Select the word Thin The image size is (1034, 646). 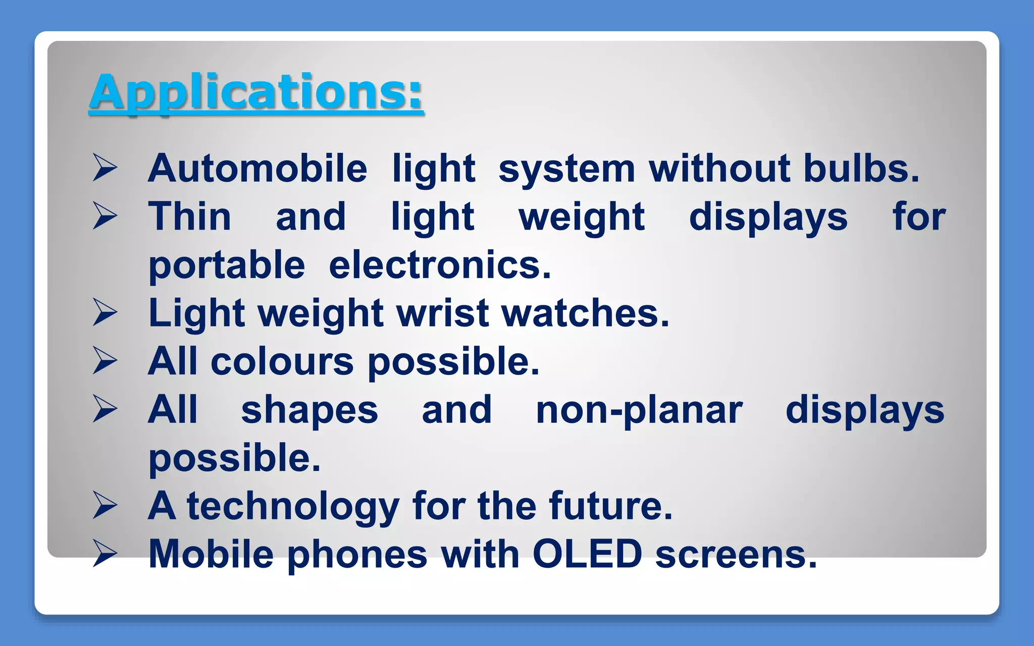click(x=190, y=217)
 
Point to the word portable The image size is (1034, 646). click(x=227, y=265)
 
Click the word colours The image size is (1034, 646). click(x=282, y=361)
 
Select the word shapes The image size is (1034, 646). click(x=309, y=410)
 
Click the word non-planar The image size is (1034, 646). click(x=639, y=410)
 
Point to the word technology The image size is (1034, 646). click(x=293, y=506)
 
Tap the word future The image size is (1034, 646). click(x=611, y=506)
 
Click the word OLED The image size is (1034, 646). click(x=587, y=554)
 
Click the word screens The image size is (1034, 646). click(x=736, y=554)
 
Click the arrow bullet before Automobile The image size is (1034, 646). click(x=105, y=168)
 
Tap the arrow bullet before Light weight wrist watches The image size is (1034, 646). click(x=105, y=312)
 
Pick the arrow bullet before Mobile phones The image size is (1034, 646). click(x=105, y=554)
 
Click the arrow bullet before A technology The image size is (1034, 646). click(x=105, y=506)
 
